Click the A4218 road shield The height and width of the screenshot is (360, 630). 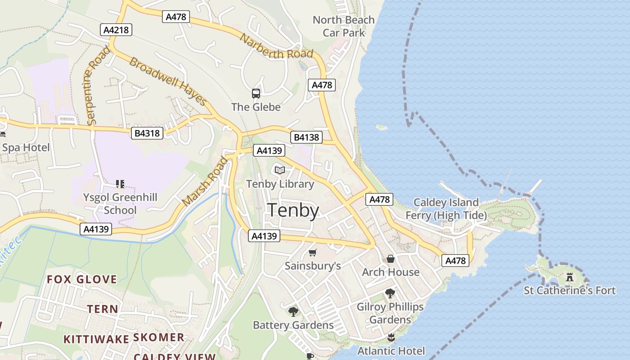click(116, 30)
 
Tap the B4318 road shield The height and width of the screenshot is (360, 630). click(147, 133)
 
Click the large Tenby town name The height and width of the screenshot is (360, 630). click(293, 210)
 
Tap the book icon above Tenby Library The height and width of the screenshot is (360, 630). click(280, 170)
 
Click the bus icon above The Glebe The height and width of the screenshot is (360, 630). click(256, 94)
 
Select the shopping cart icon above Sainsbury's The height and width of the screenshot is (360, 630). click(313, 253)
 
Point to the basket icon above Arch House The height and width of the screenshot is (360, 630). click(391, 259)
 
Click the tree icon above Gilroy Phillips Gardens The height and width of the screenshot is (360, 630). click(390, 293)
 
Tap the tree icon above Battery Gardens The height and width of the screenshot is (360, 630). click(293, 311)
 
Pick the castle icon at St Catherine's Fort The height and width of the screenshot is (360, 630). click(570, 277)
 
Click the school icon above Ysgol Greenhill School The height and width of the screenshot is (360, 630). click(120, 184)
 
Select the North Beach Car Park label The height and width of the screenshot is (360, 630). click(344, 26)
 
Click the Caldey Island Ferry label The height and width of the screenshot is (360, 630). click(446, 209)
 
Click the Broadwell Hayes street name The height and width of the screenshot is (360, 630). click(168, 81)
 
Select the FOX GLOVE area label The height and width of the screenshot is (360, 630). click(82, 279)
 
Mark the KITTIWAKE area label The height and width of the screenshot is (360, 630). click(96, 339)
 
